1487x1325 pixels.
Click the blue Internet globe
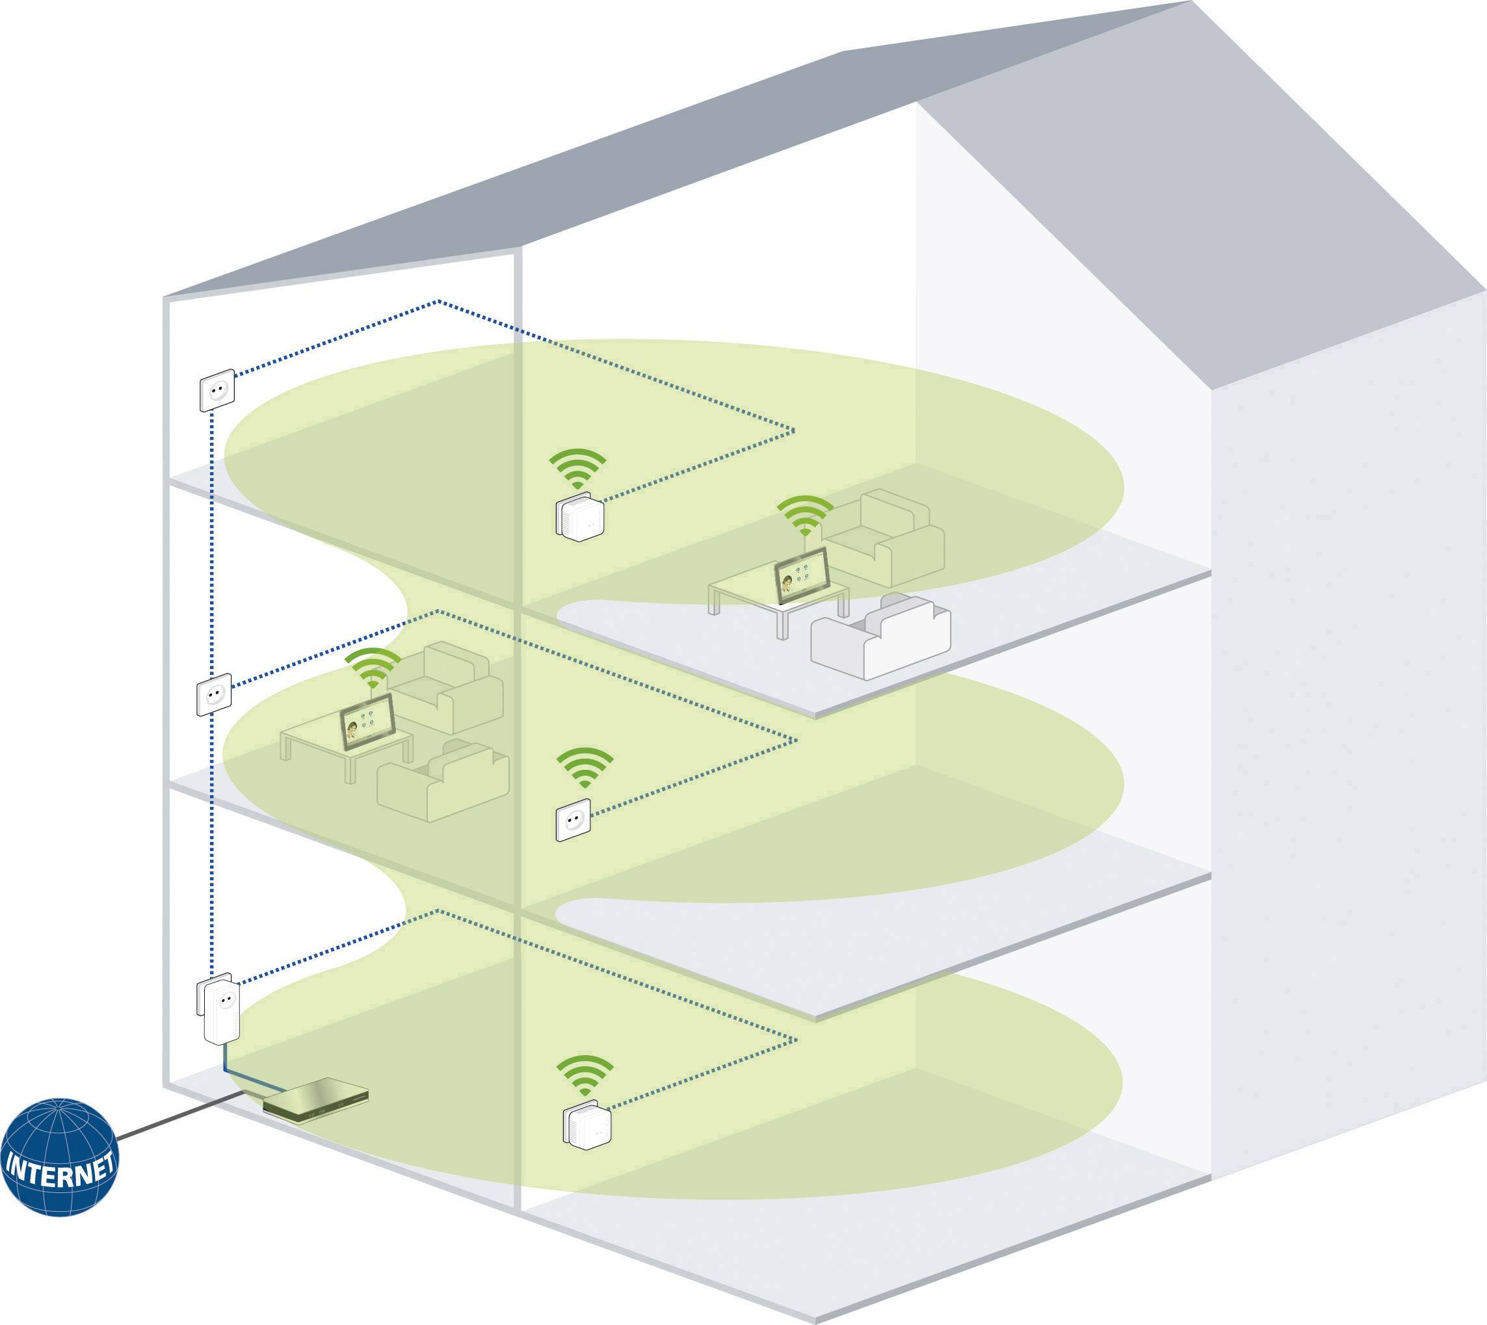pyautogui.click(x=59, y=1157)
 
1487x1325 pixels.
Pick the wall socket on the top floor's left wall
pyautogui.click(x=218, y=390)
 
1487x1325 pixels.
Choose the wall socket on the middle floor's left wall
pyautogui.click(x=214, y=694)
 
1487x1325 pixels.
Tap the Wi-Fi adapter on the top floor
pyautogui.click(x=581, y=517)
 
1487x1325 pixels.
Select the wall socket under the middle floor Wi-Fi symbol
pyautogui.click(x=573, y=820)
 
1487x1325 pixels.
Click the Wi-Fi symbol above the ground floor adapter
pyautogui.click(x=585, y=1075)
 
